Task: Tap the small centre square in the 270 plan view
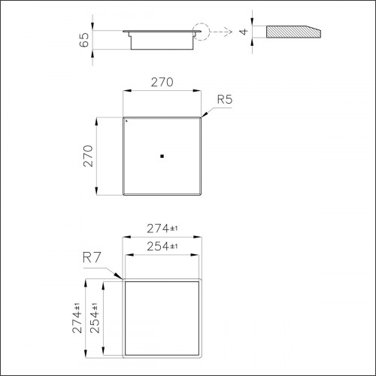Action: coord(162,156)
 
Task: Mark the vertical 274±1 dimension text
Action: coord(77,317)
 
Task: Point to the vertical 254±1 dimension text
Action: coord(95,317)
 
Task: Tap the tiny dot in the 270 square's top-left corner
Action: coord(127,120)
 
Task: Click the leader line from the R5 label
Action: coord(209,111)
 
